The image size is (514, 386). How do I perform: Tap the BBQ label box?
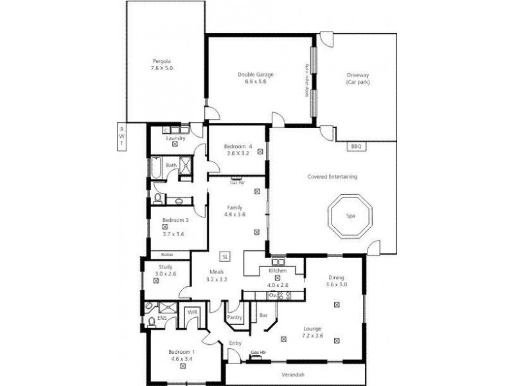coord(356,147)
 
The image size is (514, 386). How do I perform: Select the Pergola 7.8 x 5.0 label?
coord(162,64)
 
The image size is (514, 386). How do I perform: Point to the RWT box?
coord(120,136)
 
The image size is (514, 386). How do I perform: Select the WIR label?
coord(192,311)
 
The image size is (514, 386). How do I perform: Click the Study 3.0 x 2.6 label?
coord(165,271)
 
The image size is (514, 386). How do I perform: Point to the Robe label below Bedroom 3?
coord(166,255)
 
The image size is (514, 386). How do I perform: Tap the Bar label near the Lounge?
coord(263,315)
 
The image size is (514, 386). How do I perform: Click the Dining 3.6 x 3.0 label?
coord(336,281)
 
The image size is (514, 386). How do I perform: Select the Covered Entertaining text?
coord(333,176)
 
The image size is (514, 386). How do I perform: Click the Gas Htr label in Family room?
coord(236,182)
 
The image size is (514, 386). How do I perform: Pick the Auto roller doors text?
coord(307,80)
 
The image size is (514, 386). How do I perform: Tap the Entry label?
coord(235,344)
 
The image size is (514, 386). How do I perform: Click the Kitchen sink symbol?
coord(278,262)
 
